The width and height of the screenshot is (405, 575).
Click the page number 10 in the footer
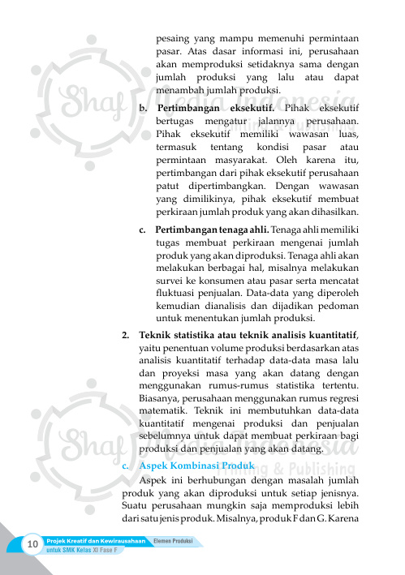[32, 543]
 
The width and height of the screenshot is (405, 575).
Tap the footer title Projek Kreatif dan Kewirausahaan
[96, 540]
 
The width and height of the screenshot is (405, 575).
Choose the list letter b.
[143, 107]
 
